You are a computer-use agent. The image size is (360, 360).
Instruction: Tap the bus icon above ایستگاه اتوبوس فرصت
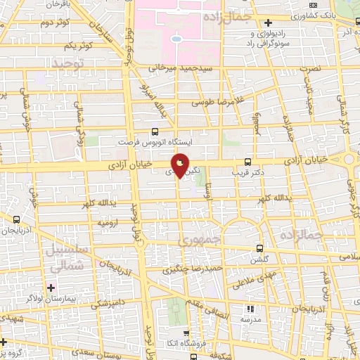[x=155, y=131]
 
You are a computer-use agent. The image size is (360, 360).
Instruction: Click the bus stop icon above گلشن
[x=259, y=248]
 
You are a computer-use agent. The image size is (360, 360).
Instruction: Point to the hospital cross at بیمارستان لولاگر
[x=50, y=288]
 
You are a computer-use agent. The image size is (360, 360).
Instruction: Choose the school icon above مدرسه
[x=250, y=308]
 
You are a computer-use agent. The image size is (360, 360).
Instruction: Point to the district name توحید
[x=67, y=65]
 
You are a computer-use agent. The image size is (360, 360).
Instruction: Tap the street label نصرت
[x=310, y=69]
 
